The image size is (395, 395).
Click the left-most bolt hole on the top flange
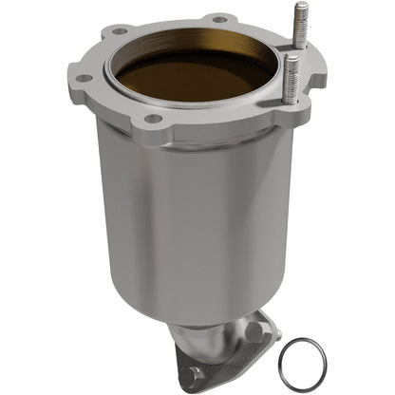tap(83, 78)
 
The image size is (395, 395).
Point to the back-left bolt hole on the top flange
tap(121, 30)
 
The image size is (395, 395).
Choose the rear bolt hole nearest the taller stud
tap(219, 18)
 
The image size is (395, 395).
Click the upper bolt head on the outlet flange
tap(254, 331)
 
